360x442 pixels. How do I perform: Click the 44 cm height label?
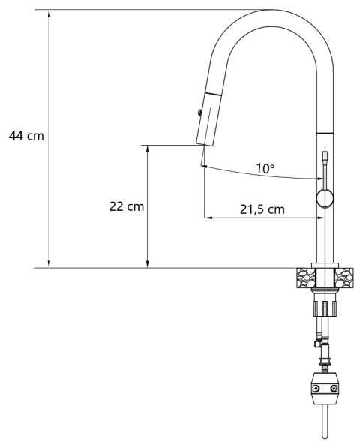click(25, 136)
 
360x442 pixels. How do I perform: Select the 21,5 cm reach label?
click(262, 209)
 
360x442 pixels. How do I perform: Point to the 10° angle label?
click(264, 168)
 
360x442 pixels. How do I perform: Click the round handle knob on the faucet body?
click(325, 198)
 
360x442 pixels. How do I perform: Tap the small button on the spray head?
click(198, 113)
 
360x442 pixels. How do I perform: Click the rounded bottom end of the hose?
click(325, 435)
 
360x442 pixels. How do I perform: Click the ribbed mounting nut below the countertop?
click(325, 308)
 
